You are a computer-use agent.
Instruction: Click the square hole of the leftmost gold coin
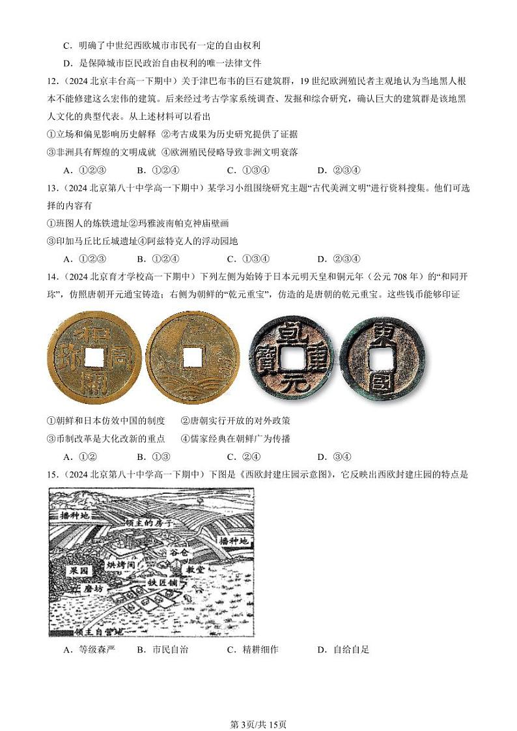94,356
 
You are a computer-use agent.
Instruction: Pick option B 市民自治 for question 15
163,650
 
